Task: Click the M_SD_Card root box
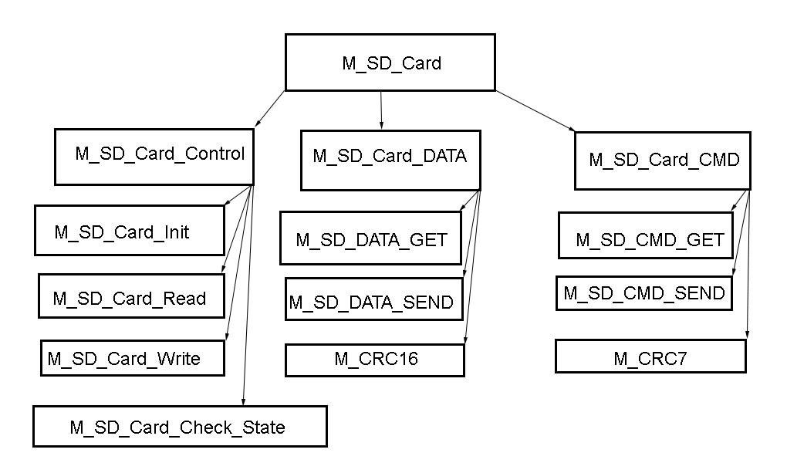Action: [x=392, y=63]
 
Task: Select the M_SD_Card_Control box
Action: [x=154, y=156]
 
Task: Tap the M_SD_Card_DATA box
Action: [x=390, y=158]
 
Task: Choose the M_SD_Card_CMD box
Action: [x=662, y=160]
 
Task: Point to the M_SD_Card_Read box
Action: [x=131, y=296]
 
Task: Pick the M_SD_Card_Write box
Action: [x=132, y=358]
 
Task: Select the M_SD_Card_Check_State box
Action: [x=179, y=426]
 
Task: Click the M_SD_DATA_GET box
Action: [x=370, y=238]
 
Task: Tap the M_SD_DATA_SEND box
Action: [x=373, y=300]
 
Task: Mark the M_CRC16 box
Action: [x=375, y=360]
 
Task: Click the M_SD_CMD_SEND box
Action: [x=643, y=294]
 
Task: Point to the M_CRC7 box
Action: [x=650, y=357]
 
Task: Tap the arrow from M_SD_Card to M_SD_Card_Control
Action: [x=270, y=108]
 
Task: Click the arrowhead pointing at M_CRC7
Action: [x=747, y=334]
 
